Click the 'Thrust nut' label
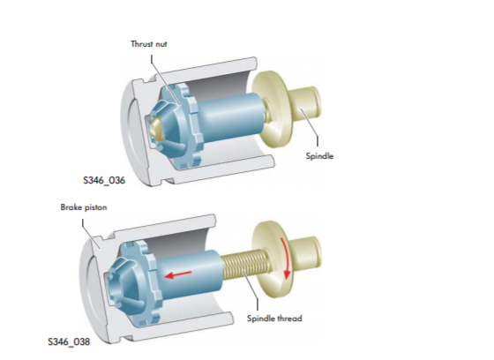pyautogui.click(x=149, y=44)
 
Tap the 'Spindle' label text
pyautogui.click(x=319, y=155)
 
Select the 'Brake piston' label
pyautogui.click(x=84, y=207)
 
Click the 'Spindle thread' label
pyautogui.click(x=274, y=318)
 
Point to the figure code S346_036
pyautogui.click(x=104, y=180)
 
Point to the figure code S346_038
pyautogui.click(x=69, y=341)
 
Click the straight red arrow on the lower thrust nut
pyautogui.click(x=178, y=274)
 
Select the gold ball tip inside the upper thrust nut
pyautogui.click(x=157, y=128)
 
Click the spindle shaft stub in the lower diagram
pyautogui.click(x=307, y=251)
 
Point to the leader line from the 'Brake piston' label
pyautogui.click(x=90, y=235)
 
